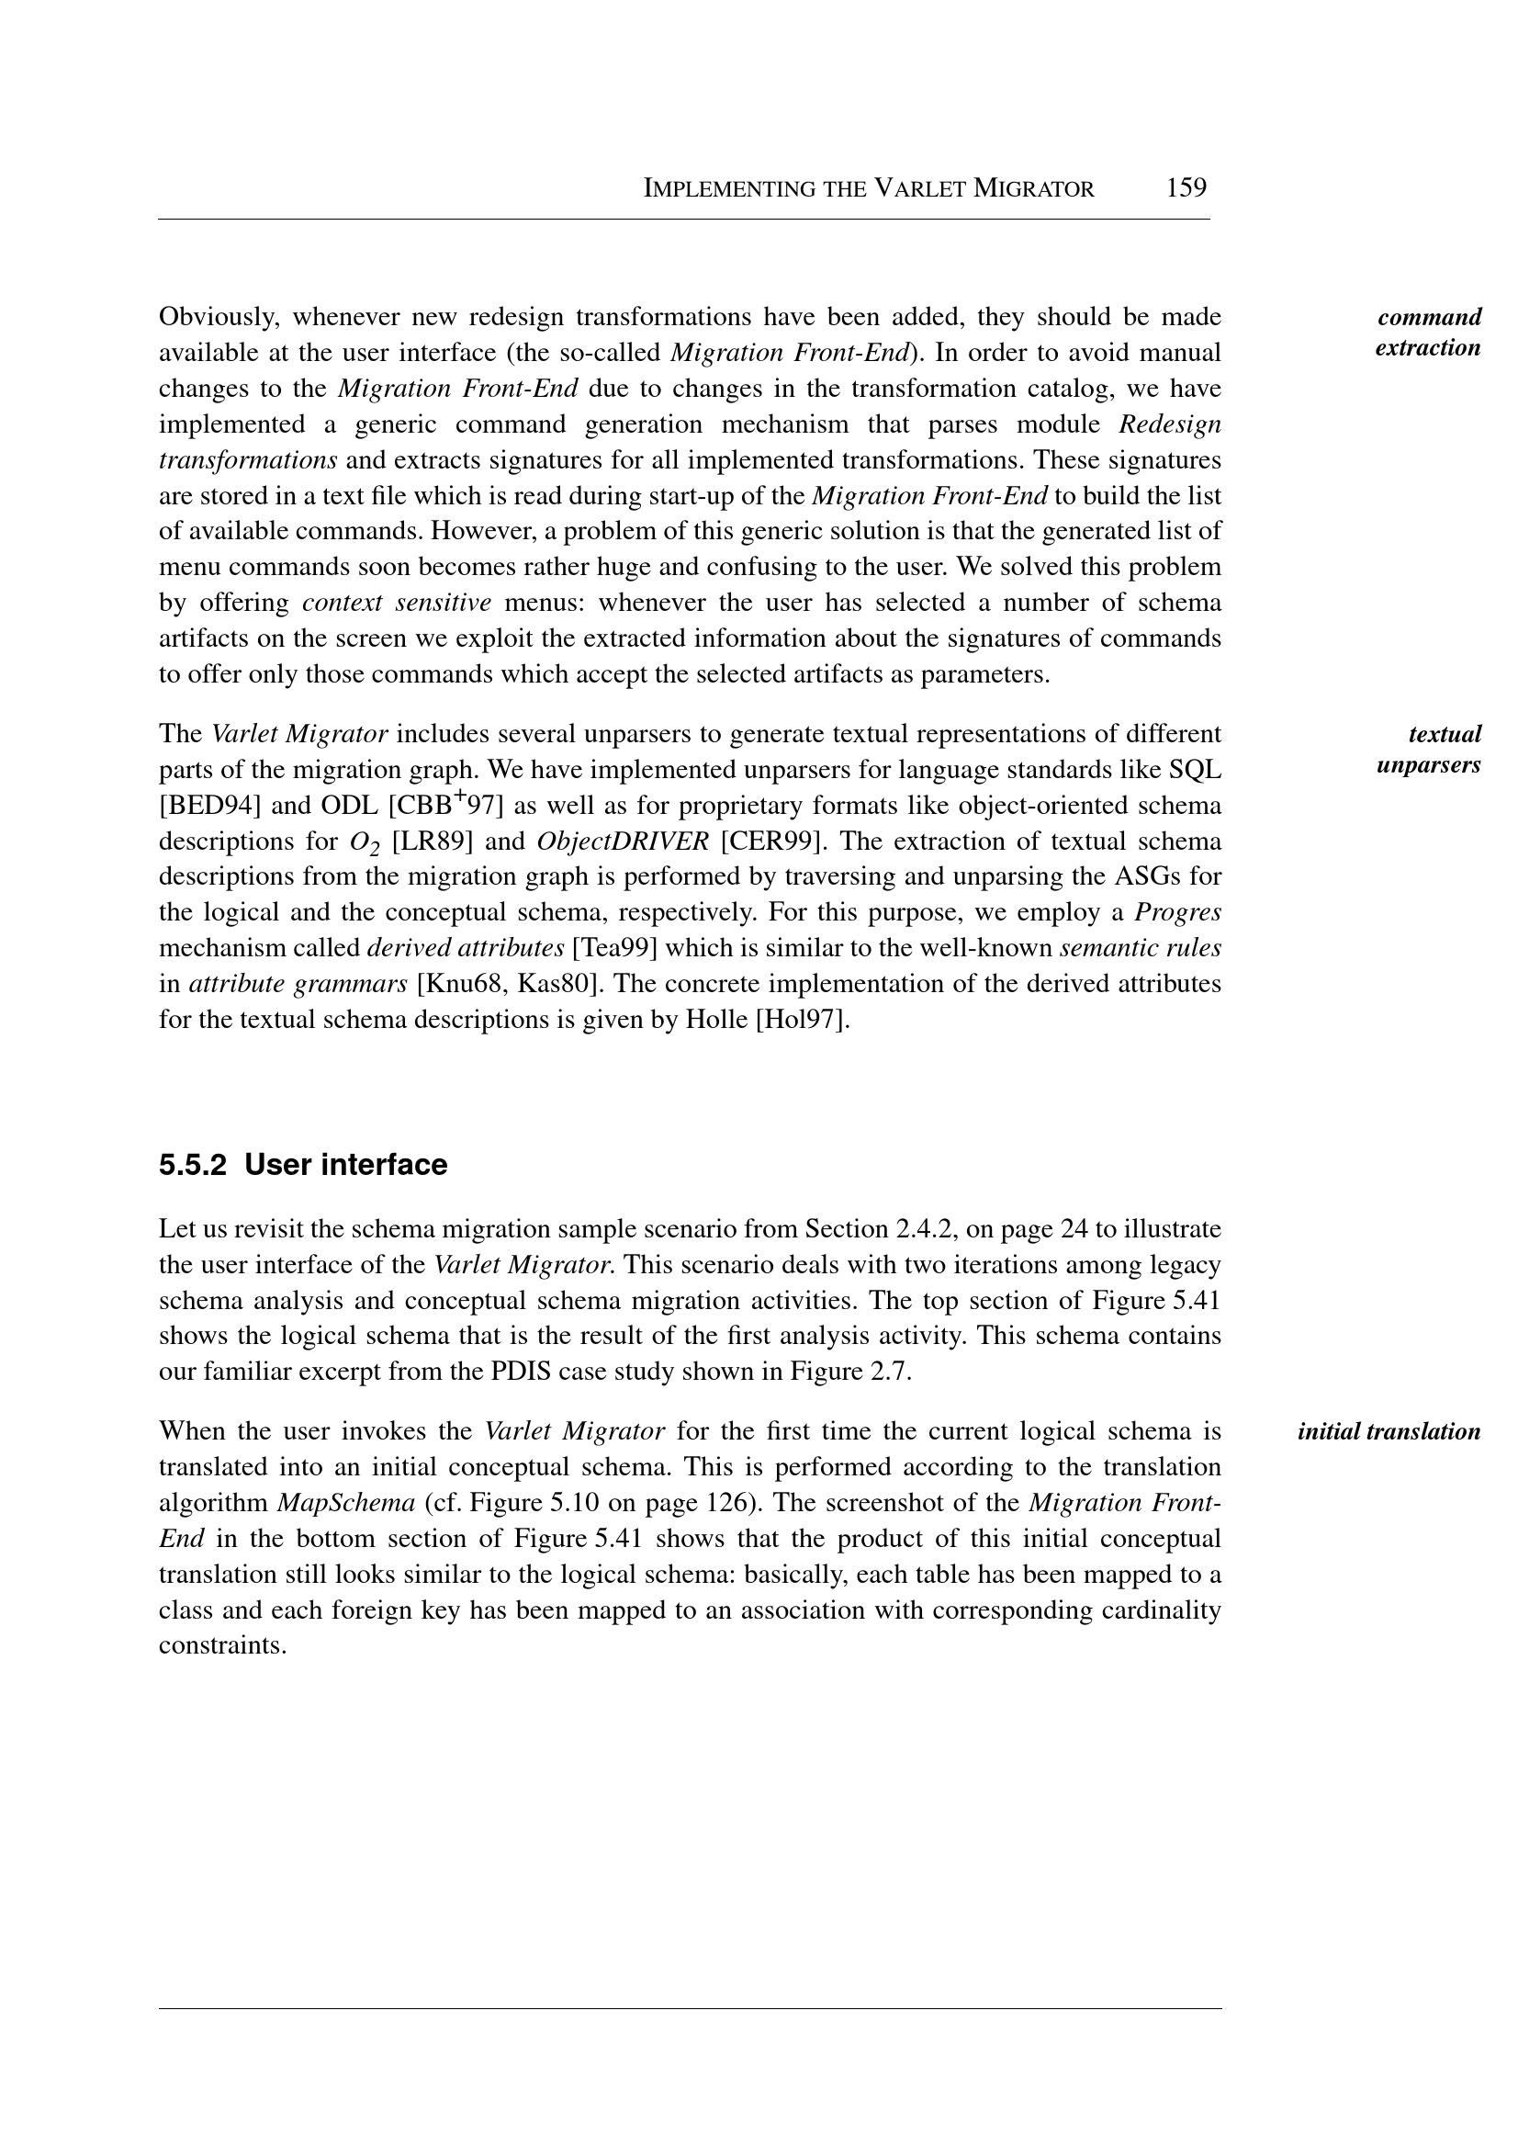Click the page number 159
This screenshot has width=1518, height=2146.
pyautogui.click(x=1186, y=188)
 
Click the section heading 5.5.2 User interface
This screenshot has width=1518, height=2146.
pyautogui.click(x=303, y=1165)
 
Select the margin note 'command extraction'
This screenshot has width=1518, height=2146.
pyautogui.click(x=1428, y=332)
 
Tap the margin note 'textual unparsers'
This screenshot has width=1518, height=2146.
pyautogui.click(x=1428, y=749)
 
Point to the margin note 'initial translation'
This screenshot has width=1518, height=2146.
pyautogui.click(x=1389, y=1431)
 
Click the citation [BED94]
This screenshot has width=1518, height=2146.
pyautogui.click(x=209, y=806)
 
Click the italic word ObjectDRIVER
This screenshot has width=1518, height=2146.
pyautogui.click(x=623, y=841)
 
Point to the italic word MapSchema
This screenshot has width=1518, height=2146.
pyautogui.click(x=346, y=1503)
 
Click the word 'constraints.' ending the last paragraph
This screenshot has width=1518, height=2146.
pyautogui.click(x=222, y=1645)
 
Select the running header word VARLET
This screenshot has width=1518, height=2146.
pyautogui.click(x=919, y=189)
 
